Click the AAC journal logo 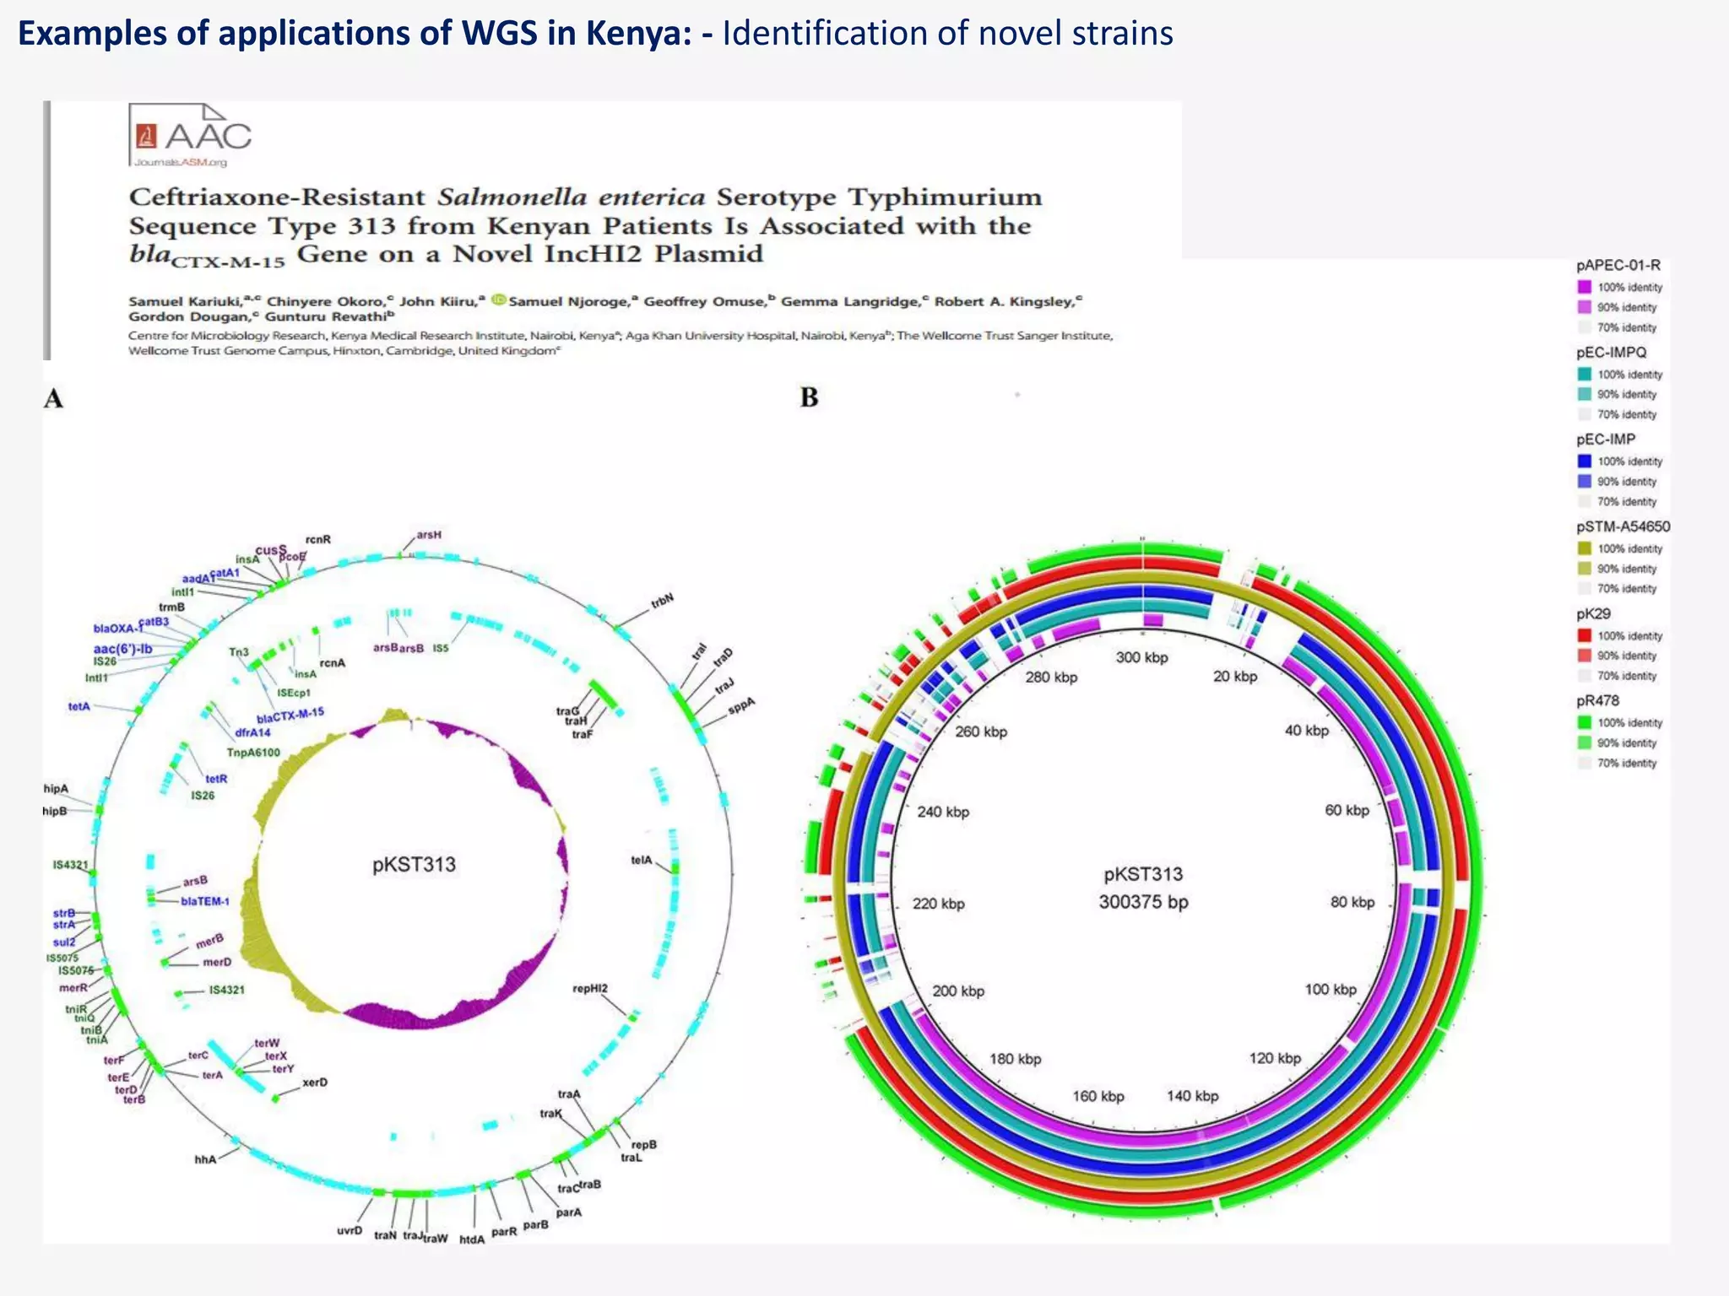click(191, 136)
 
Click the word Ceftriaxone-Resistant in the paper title click(277, 197)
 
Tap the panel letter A click(53, 398)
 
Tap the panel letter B click(809, 397)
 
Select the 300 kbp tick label click(1141, 657)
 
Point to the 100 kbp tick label click(1330, 989)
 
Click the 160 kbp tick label click(1098, 1096)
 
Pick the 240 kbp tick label click(943, 812)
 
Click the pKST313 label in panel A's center click(414, 864)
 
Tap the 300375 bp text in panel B click(1143, 902)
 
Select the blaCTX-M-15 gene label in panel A click(290, 715)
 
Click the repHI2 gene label click(590, 988)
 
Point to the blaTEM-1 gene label click(205, 901)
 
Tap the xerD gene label click(315, 1083)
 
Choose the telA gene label click(642, 860)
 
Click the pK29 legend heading click(1594, 613)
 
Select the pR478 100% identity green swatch click(1585, 722)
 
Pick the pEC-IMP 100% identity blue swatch click(1585, 461)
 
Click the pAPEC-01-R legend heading click(1618, 265)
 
